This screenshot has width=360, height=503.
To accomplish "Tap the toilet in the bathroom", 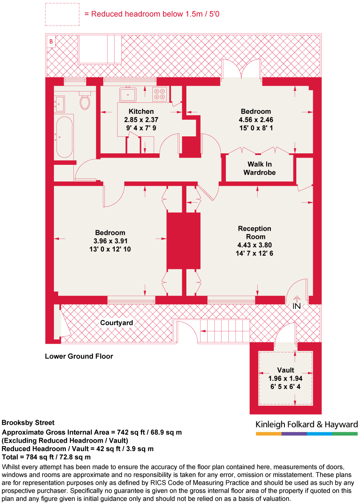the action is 85,102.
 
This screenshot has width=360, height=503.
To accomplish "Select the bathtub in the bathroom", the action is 64,137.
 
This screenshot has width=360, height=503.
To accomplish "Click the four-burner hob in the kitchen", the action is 160,94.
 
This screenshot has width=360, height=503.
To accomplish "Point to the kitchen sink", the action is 127,94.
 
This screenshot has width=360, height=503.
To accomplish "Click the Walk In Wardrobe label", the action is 259,168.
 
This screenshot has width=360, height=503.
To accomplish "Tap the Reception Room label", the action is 254,232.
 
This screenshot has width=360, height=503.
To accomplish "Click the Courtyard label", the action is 116,323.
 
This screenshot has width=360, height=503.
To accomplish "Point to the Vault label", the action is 286,370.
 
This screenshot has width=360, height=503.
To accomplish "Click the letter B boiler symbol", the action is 51,41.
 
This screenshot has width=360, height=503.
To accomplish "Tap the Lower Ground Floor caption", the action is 79,356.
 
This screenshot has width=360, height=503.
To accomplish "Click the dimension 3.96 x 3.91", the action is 110,241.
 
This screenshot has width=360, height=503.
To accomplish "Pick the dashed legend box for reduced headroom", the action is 62,14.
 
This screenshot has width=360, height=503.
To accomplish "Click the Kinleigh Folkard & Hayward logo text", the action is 307,424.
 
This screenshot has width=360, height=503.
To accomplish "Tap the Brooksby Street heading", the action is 28,423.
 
